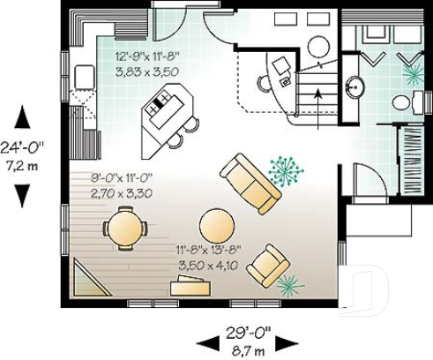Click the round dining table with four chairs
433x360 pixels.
(x=124, y=228)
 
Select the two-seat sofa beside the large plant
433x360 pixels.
(x=250, y=184)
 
